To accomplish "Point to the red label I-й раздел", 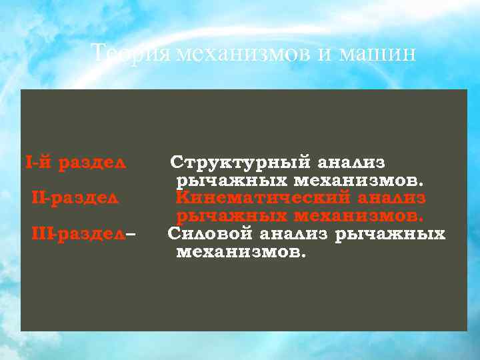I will [x=75, y=162].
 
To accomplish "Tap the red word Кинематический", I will [x=263, y=198].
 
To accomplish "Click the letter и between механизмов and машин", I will [x=324, y=54].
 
